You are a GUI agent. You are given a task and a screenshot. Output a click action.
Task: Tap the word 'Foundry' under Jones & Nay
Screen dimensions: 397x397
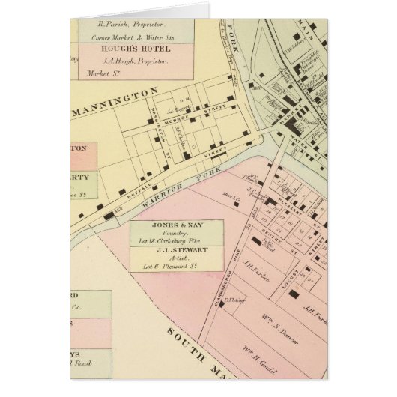(178, 234)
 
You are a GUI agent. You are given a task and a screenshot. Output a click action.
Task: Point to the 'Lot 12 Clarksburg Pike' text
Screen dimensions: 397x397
(178, 241)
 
